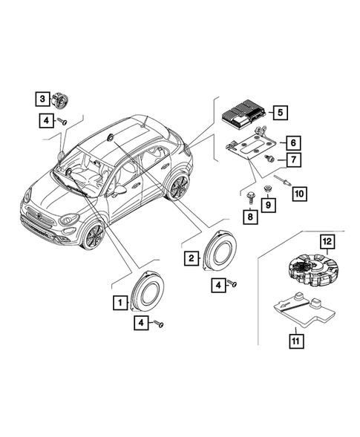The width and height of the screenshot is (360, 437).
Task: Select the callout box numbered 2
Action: (x=191, y=257)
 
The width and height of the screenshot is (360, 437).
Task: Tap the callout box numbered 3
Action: (x=44, y=98)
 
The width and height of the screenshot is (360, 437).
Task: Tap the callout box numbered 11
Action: (x=295, y=342)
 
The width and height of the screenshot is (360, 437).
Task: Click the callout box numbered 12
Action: (x=327, y=241)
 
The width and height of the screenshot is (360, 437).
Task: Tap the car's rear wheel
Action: (x=178, y=187)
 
